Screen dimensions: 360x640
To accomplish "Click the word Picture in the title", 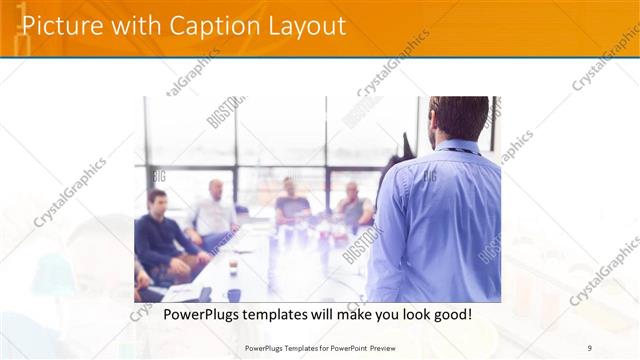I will pos(60,26).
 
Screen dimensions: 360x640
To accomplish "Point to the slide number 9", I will pos(590,348).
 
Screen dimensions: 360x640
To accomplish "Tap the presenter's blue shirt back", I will pos(440,220).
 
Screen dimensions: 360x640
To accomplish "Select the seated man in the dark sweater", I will pos(160,235).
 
